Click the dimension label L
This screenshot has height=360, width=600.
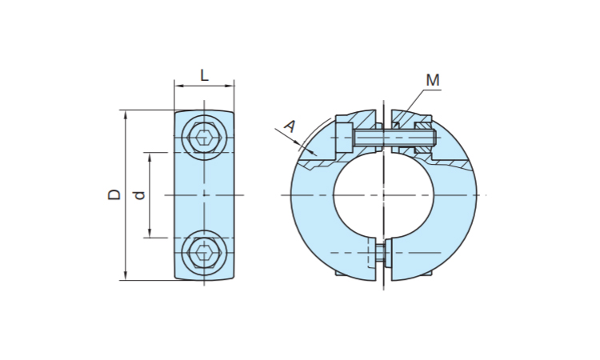[x=205, y=75]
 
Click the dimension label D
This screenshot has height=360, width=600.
[x=114, y=194]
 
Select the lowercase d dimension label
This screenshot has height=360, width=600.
[x=139, y=195]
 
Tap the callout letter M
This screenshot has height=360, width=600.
[x=433, y=80]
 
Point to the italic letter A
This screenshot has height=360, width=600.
[x=290, y=126]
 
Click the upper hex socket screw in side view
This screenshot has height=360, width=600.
[x=204, y=137]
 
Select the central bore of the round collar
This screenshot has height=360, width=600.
[x=383, y=195]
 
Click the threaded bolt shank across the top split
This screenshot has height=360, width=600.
[x=394, y=138]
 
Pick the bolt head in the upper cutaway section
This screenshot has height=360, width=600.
[x=344, y=138]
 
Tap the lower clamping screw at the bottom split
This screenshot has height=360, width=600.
[x=379, y=253]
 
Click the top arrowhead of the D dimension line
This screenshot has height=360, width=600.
[x=126, y=114]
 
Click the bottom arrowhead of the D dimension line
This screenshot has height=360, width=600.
[x=126, y=276]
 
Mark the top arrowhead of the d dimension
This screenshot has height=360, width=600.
[x=150, y=157]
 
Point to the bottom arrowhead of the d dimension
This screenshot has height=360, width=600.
[x=150, y=234]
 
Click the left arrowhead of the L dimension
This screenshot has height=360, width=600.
[x=178, y=86]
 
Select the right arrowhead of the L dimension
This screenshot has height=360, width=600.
[x=230, y=86]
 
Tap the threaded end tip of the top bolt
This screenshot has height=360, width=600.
[x=434, y=138]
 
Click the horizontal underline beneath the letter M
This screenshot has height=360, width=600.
[x=432, y=90]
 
